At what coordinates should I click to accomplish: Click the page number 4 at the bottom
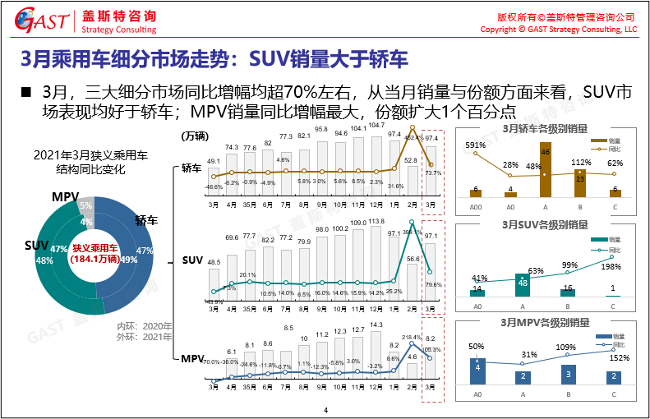(x=325, y=411)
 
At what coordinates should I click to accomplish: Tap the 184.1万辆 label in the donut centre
(x=95, y=259)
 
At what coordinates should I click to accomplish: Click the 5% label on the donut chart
(x=86, y=205)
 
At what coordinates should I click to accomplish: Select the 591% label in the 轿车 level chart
(x=477, y=145)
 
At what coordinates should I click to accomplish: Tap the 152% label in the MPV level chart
(x=619, y=357)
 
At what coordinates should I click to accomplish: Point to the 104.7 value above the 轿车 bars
(x=376, y=126)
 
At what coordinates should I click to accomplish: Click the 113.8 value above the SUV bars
(x=376, y=221)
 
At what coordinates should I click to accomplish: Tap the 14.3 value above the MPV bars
(x=376, y=325)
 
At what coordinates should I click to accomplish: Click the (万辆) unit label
(x=195, y=135)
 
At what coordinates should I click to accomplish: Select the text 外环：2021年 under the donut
(x=145, y=337)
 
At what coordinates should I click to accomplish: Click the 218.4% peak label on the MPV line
(x=411, y=338)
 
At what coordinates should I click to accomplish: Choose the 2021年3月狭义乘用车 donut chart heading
(x=91, y=154)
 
